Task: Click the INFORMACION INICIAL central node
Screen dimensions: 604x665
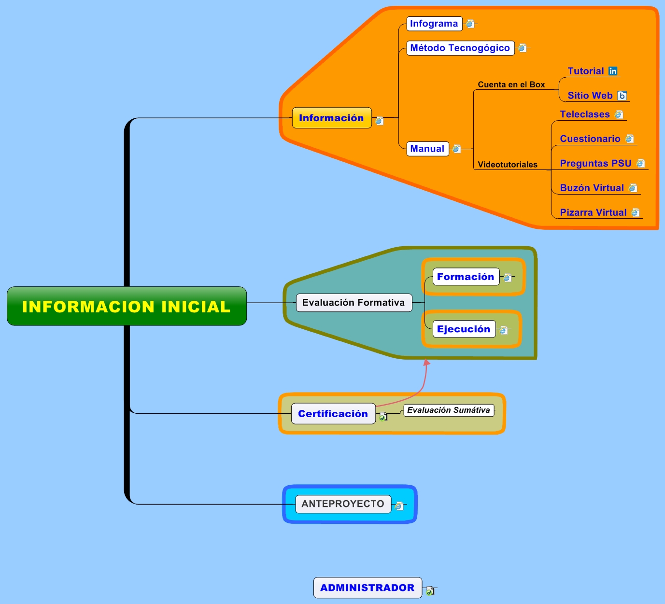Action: click(x=127, y=306)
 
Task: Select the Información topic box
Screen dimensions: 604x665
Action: click(x=332, y=118)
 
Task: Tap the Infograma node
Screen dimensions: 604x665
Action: click(x=434, y=24)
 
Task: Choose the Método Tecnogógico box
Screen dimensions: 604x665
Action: click(x=460, y=48)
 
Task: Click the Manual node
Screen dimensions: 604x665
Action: click(x=427, y=149)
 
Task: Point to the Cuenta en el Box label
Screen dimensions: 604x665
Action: click(x=511, y=84)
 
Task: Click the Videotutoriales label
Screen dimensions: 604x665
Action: click(x=507, y=165)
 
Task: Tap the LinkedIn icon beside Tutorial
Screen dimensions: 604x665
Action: click(x=613, y=71)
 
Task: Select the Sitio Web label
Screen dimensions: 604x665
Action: click(x=590, y=96)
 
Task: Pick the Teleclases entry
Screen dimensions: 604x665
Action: click(x=584, y=114)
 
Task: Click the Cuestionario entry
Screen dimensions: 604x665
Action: click(x=590, y=139)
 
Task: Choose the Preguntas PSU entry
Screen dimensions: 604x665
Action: click(x=595, y=163)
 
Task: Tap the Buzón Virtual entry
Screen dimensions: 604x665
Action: click(x=592, y=188)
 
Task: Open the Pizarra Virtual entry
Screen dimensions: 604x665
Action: click(x=593, y=212)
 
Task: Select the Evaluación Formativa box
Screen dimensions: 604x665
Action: click(x=354, y=303)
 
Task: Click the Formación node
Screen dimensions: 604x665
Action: click(x=466, y=277)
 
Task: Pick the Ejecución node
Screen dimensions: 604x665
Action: click(x=464, y=329)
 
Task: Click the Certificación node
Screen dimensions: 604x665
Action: click(x=333, y=414)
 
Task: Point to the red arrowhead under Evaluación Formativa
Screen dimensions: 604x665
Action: click(x=426, y=363)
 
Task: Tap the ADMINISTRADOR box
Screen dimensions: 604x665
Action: click(x=367, y=588)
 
